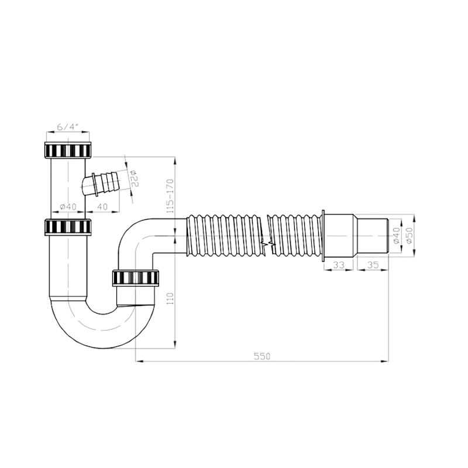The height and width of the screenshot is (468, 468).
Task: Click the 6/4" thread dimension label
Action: tap(67, 127)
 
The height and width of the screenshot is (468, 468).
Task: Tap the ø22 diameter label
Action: tap(134, 178)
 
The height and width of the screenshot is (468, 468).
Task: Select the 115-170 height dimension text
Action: tap(170, 196)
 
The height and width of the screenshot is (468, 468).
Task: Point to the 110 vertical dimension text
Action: tap(170, 298)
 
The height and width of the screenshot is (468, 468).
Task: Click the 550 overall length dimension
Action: tap(262, 356)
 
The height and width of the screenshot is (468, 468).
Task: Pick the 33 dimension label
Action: tap(339, 265)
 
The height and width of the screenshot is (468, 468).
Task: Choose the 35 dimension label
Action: tap(373, 265)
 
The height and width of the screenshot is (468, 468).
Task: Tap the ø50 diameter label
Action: tap(409, 235)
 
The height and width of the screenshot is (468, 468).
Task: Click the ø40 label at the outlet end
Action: tap(397, 235)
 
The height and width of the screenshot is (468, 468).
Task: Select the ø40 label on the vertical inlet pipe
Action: tap(68, 207)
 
